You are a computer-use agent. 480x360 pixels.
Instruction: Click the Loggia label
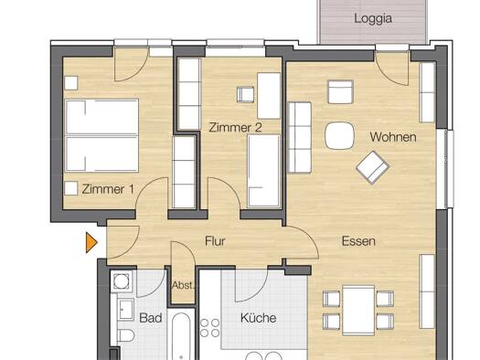pos(373,18)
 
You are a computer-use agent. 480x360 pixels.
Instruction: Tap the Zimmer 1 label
pos(108,189)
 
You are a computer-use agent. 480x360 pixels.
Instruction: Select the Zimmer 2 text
pos(235,127)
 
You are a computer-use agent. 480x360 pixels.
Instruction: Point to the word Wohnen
pos(393,137)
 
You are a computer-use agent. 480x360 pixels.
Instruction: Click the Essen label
pos(358,241)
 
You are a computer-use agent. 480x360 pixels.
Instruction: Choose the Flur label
pos(215,241)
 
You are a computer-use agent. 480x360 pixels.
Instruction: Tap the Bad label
pos(150,318)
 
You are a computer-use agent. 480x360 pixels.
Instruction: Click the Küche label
pos(259,318)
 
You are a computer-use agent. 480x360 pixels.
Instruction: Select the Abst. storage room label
pos(183,285)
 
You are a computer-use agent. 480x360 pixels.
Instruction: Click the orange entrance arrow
pos(91,243)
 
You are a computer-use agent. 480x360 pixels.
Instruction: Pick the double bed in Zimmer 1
pos(101,135)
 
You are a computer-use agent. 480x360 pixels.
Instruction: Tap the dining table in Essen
pos(358,310)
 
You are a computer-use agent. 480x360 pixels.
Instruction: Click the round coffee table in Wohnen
pos(339,136)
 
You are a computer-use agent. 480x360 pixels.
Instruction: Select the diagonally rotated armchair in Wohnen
pos(372,167)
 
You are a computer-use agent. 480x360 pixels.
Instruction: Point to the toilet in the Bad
pos(125,335)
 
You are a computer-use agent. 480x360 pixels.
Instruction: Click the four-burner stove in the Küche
pos(210,328)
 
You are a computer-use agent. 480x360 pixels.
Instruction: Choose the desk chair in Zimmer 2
pos(246,94)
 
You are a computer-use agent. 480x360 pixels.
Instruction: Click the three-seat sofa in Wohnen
pos(300,137)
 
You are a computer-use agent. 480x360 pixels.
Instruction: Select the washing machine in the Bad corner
pos(122,281)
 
